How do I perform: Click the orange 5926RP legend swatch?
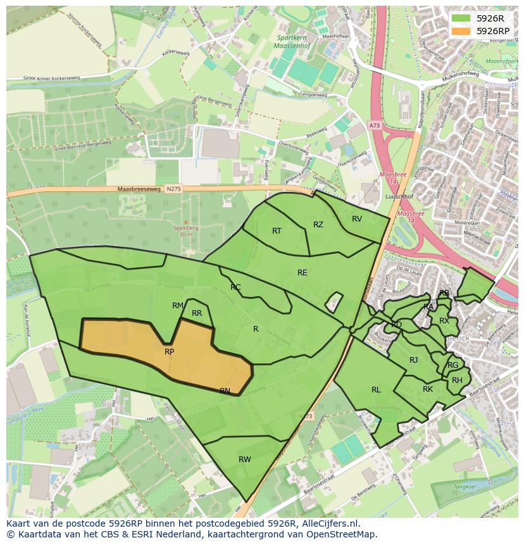click(462, 31)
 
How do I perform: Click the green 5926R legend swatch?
click(462, 18)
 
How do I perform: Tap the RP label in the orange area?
click(169, 352)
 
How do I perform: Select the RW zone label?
click(245, 460)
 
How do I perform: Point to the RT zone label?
click(277, 231)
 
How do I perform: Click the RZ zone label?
click(318, 225)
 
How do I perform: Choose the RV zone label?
click(357, 219)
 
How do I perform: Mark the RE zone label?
click(303, 273)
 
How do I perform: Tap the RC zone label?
click(235, 287)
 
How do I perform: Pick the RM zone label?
click(178, 306)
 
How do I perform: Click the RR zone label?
click(197, 313)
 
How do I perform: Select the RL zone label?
click(376, 390)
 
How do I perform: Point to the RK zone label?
click(428, 389)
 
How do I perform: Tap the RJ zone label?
click(414, 360)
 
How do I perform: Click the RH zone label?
click(457, 380)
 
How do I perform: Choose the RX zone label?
click(444, 321)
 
